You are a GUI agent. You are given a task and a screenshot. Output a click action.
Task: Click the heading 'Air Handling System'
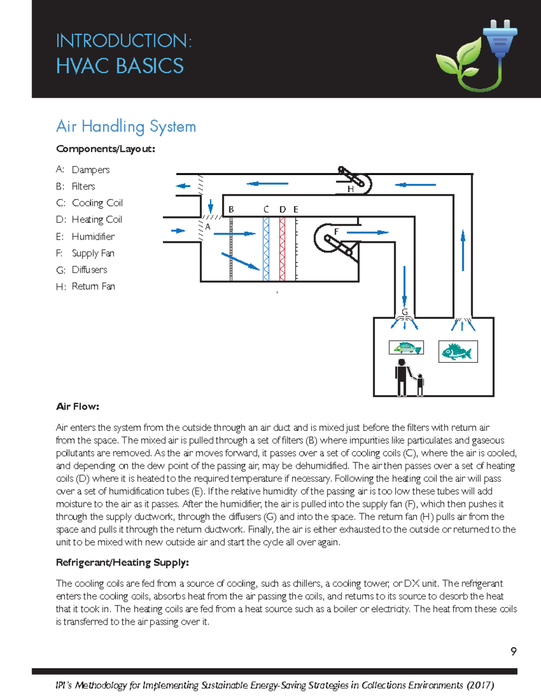point(126,127)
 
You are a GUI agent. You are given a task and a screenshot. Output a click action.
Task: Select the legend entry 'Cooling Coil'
point(97,203)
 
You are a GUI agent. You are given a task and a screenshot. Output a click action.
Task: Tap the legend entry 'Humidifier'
point(93,236)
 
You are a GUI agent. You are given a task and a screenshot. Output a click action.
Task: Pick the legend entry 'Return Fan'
point(93,286)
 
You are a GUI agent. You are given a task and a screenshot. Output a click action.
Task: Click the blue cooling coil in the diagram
point(266,249)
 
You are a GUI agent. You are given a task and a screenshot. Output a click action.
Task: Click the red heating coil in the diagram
point(282,249)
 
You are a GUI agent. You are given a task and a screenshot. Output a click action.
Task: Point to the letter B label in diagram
point(231,209)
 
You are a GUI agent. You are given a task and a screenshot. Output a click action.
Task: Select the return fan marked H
point(355,181)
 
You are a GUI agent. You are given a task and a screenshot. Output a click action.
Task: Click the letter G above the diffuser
point(404,312)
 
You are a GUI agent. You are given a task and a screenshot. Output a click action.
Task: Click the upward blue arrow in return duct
point(463,250)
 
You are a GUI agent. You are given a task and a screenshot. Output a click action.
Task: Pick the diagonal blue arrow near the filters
point(240,261)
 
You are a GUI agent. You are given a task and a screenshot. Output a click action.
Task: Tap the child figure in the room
point(420,385)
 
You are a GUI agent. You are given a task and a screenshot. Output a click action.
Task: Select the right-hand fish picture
point(458,352)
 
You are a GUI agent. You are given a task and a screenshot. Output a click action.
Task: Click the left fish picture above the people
point(406,348)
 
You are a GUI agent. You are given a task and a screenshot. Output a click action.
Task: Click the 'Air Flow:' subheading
point(78,407)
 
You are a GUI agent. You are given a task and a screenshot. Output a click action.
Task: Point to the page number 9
point(513,651)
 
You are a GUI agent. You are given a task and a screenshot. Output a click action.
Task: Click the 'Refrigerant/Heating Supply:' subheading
point(122,563)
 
